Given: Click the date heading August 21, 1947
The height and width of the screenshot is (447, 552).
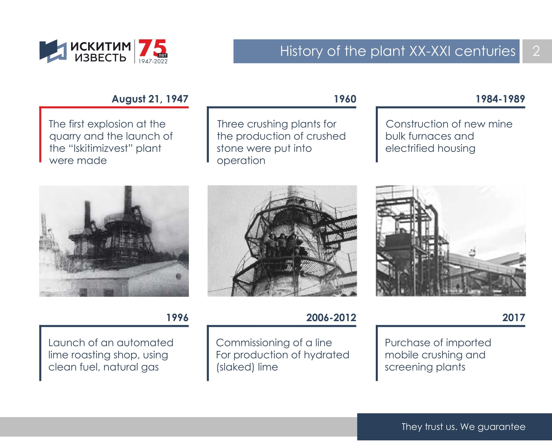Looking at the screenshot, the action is (x=150, y=99).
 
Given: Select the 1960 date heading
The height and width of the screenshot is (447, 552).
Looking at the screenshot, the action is (x=345, y=99).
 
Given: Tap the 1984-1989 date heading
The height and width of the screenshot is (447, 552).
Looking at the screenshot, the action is (x=500, y=99).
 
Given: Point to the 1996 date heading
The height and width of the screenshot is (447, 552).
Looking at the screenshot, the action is (x=177, y=317).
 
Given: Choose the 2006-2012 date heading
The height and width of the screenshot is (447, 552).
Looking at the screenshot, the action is (x=331, y=317).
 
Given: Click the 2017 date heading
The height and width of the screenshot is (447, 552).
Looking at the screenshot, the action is (x=514, y=317).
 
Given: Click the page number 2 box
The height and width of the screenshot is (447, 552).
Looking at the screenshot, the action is (x=537, y=51).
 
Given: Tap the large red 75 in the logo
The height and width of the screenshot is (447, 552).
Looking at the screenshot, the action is (x=152, y=48).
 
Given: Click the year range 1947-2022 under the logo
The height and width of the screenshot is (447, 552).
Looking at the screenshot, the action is (x=153, y=61).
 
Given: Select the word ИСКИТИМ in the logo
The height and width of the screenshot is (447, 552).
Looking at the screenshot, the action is (x=100, y=46).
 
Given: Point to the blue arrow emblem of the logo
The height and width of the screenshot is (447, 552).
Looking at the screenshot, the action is (x=53, y=51).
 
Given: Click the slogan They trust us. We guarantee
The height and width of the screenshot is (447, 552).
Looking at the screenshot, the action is (x=463, y=427).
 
